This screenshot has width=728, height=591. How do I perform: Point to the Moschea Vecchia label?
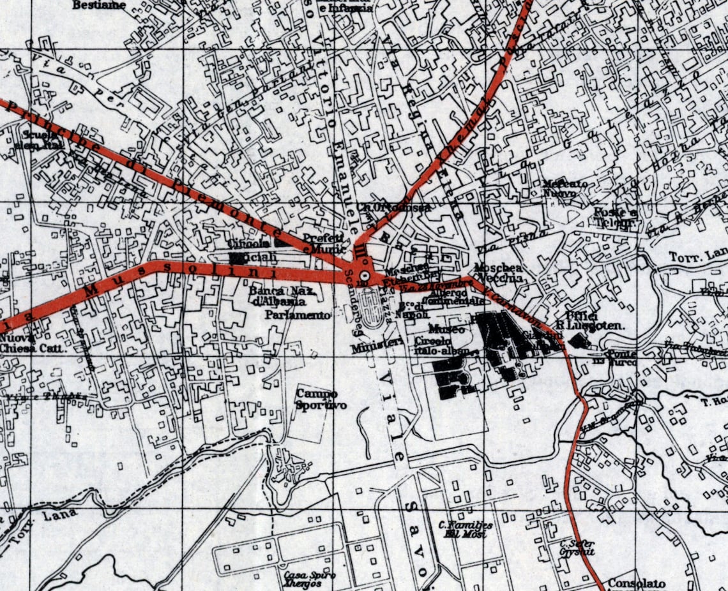coord(499,273)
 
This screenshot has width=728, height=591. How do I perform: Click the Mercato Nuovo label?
coord(565,188)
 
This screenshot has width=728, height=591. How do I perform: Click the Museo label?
coord(446,329)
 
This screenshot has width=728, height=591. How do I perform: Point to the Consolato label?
coord(636,583)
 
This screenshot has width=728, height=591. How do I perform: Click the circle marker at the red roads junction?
coord(364,276)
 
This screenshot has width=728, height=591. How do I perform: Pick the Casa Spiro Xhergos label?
coord(310,579)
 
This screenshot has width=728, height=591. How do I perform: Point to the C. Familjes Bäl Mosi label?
coord(466,529)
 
